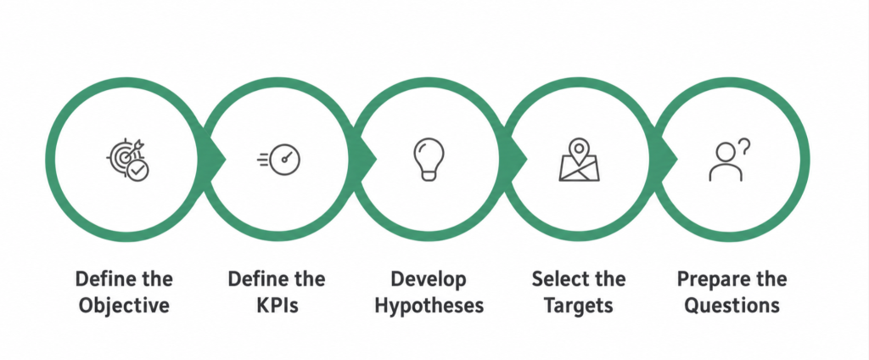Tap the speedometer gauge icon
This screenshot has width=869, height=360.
pyautogui.click(x=278, y=160)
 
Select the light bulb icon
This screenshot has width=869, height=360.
pyautogui.click(x=429, y=159)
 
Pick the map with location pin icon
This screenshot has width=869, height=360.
pyautogui.click(x=579, y=160)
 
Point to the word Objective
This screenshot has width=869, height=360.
pyautogui.click(x=124, y=306)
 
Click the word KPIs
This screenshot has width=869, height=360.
pyautogui.click(x=278, y=306)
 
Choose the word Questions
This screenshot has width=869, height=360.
pyautogui.click(x=732, y=306)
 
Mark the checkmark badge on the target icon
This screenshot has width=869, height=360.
pyautogui.click(x=137, y=172)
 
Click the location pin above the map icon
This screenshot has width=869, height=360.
pyautogui.click(x=579, y=149)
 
